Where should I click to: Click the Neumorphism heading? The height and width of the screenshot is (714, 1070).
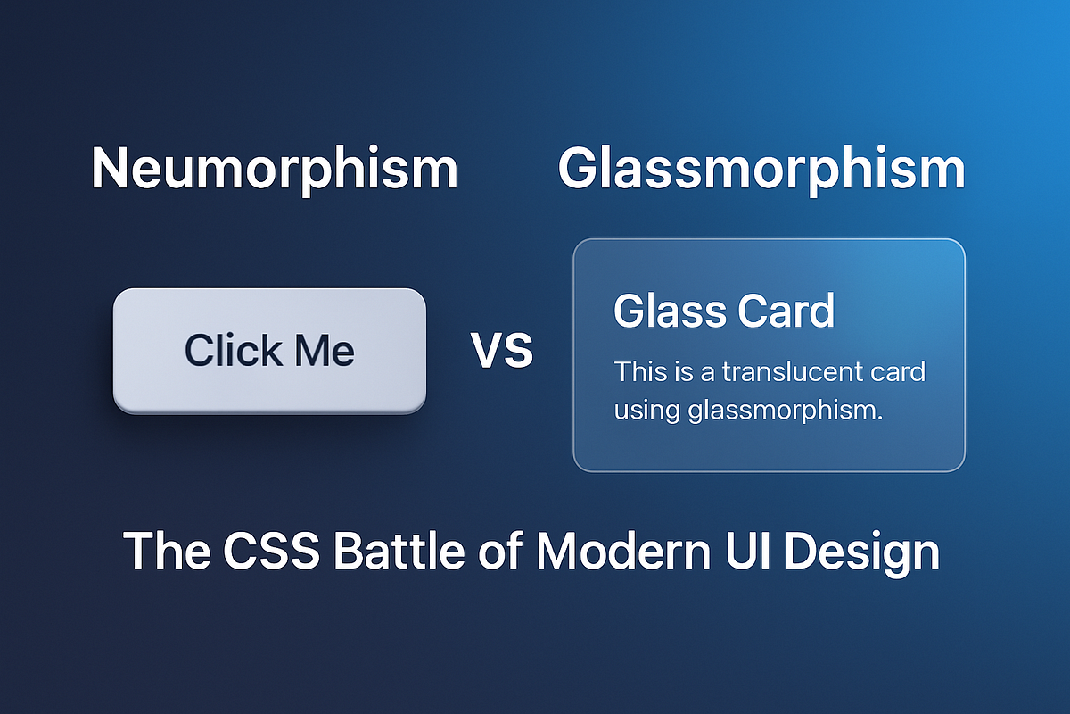275,169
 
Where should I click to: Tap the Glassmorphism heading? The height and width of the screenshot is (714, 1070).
761,169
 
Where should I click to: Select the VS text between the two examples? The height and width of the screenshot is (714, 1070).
502,351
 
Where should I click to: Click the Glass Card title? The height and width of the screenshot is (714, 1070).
724,311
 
